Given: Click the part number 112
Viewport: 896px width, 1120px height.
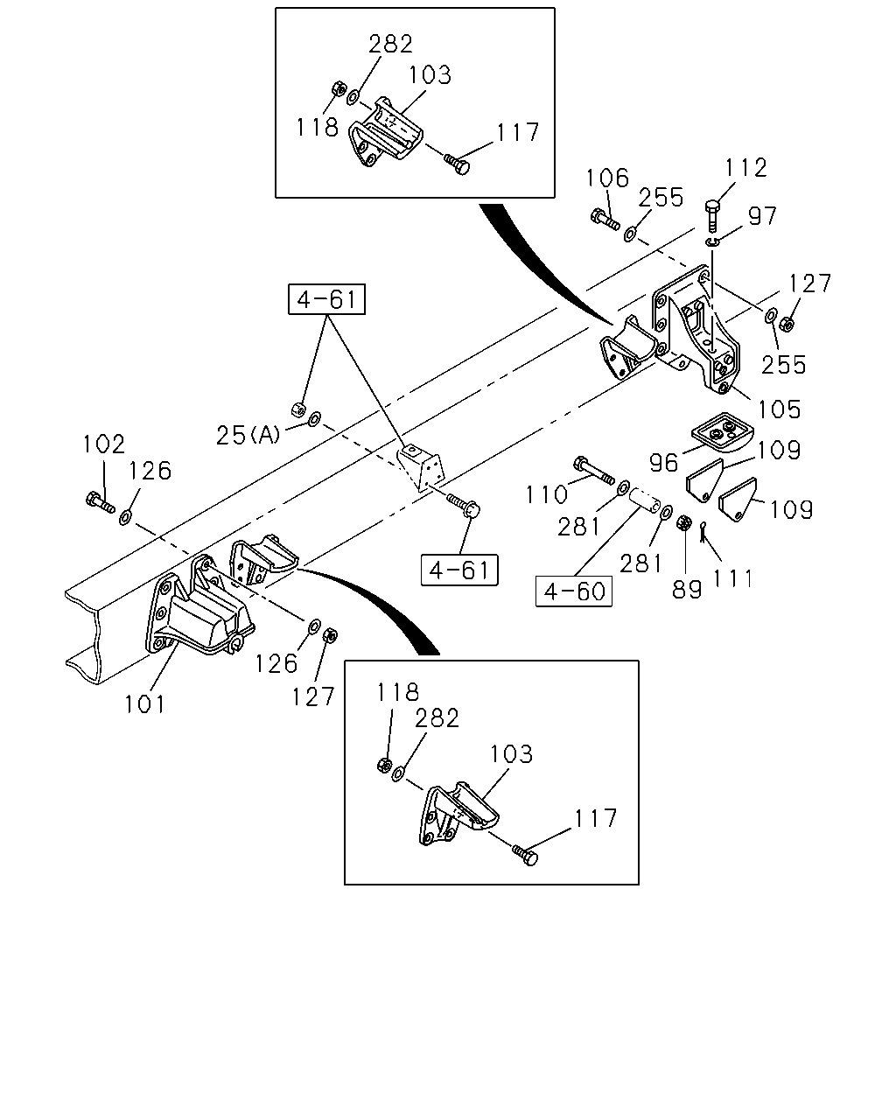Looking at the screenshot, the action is tap(746, 168).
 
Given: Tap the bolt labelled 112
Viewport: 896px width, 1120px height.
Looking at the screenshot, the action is tap(712, 216).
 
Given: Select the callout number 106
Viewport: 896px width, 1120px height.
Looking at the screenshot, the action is tap(607, 178).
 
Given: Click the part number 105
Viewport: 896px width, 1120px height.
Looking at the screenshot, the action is tap(779, 409).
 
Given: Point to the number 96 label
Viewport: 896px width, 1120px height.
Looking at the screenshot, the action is tap(664, 462).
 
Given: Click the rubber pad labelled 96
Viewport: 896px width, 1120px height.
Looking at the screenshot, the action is tap(722, 431).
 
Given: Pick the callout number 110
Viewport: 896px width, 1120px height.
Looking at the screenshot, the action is tap(546, 493).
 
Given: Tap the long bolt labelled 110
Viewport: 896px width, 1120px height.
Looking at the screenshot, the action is tap(593, 471).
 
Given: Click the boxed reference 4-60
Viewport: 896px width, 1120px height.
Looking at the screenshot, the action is tap(574, 591).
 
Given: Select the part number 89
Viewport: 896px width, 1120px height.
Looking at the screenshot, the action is tap(687, 589).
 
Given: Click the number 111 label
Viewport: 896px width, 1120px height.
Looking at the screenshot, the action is tap(732, 578).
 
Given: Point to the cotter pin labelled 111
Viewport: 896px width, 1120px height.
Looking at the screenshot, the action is tap(703, 532).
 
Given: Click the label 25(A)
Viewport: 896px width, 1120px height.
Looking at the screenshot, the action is tap(248, 435).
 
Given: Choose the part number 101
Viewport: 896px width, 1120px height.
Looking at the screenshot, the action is tap(144, 704).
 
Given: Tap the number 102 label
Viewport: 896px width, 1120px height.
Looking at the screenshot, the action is tap(104, 444).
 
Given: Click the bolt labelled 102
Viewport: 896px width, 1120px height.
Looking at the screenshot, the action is tap(100, 501).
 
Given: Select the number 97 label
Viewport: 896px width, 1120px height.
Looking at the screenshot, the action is tap(763, 215).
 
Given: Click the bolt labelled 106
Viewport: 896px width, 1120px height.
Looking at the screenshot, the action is tap(605, 219).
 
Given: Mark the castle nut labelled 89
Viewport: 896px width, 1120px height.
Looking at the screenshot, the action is tap(683, 522).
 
